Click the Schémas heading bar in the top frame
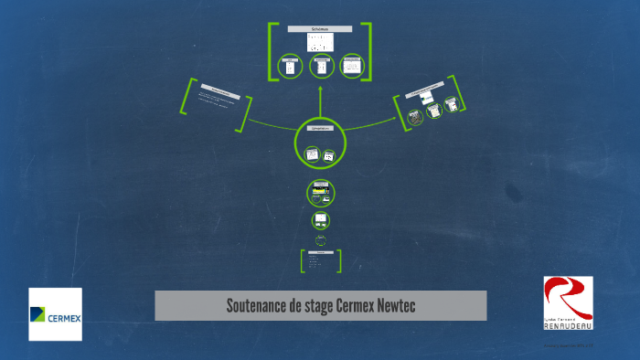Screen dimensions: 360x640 [320, 30]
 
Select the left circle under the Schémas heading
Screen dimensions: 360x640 [290, 66]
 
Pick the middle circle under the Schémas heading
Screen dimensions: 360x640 [321, 66]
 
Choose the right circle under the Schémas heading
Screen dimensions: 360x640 [352, 66]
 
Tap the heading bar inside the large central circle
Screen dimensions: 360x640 [319, 132]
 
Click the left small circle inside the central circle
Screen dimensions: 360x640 [311, 155]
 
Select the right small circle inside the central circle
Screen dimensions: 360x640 [329, 156]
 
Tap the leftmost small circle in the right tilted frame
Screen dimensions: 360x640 [415, 117]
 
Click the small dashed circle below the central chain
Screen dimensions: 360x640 [321, 240]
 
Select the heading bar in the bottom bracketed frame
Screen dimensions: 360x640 [321, 252]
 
